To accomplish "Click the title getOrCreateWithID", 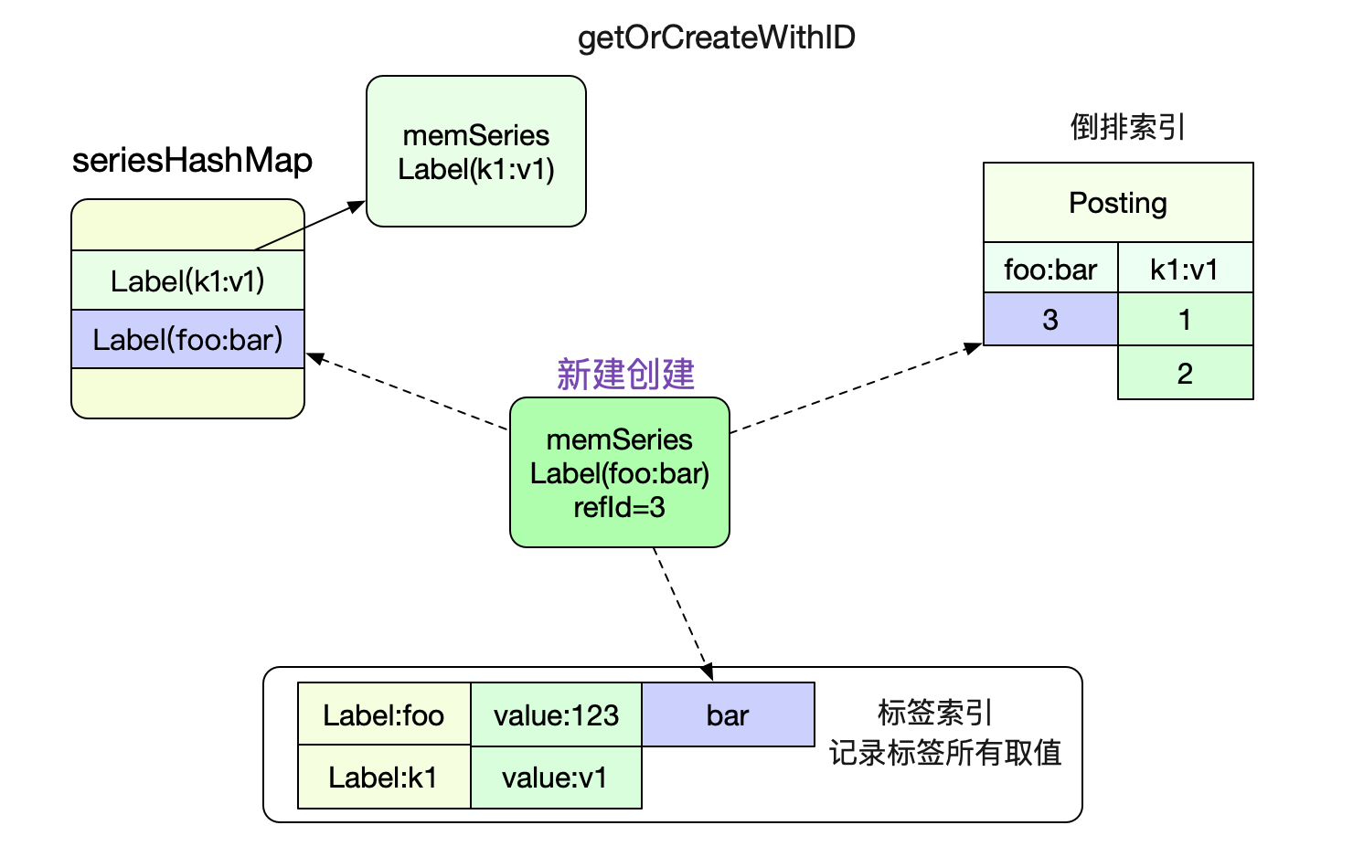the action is pyautogui.click(x=717, y=38).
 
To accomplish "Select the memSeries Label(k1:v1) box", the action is pyautogui.click(x=476, y=152).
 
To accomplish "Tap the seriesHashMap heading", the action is pyautogui.click(x=192, y=161).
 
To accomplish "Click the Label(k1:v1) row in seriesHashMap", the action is pyautogui.click(x=187, y=280).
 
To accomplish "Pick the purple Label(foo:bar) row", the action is pyautogui.click(x=187, y=339).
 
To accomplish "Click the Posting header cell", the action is pyautogui.click(x=1118, y=203).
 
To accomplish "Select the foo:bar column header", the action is pyautogui.click(x=1050, y=269).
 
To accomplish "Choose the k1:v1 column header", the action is pyautogui.click(x=1185, y=269).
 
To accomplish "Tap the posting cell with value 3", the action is pyautogui.click(x=1050, y=319).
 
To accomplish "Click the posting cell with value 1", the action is pyautogui.click(x=1185, y=319).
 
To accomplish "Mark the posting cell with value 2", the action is pyautogui.click(x=1185, y=373).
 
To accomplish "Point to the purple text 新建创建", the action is pyautogui.click(x=625, y=375).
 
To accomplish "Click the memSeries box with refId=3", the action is pyautogui.click(x=620, y=472).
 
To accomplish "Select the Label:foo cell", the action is pyautogui.click(x=384, y=714).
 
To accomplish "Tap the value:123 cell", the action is pyautogui.click(x=557, y=714).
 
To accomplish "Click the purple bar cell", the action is pyautogui.click(x=728, y=714).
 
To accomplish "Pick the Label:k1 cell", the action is pyautogui.click(x=384, y=777).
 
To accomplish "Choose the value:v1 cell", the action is pyautogui.click(x=557, y=778).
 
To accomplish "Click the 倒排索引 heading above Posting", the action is pyautogui.click(x=1127, y=127).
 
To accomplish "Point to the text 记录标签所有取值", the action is pyautogui.click(x=944, y=753).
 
